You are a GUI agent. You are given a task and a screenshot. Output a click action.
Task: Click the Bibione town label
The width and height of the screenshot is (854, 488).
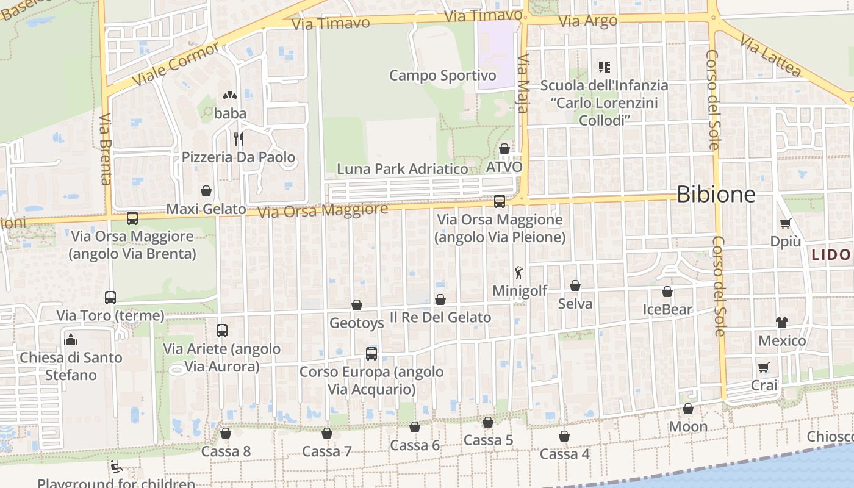click(716, 195)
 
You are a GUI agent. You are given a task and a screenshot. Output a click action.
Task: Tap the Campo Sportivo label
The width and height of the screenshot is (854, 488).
click(443, 76)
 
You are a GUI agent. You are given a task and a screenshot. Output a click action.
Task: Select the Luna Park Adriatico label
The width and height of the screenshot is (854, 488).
click(403, 169)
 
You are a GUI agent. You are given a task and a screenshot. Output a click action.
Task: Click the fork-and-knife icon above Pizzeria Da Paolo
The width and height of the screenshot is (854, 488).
click(239, 139)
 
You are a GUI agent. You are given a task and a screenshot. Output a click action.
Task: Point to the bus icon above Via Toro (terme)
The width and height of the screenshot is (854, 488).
click(110, 298)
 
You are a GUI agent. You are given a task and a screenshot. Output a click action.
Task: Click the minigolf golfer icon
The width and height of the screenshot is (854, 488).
click(518, 273)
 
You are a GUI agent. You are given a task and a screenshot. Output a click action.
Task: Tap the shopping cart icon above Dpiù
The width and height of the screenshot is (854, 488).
click(785, 224)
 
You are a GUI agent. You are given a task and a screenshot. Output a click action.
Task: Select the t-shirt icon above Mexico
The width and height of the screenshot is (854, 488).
click(782, 322)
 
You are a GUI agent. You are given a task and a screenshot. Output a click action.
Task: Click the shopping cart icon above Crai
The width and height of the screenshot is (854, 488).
click(764, 367)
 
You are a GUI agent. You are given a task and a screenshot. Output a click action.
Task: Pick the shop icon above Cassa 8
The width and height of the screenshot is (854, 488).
click(226, 433)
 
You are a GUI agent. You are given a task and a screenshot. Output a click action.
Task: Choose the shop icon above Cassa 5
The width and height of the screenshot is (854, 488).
click(488, 422)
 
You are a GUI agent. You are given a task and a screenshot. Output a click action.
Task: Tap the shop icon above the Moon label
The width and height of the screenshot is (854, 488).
click(688, 409)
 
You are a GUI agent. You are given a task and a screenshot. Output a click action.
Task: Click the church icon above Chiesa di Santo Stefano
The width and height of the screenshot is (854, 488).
click(71, 339)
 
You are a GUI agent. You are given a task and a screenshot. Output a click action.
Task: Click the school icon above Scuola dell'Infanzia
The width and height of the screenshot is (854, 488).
click(604, 67)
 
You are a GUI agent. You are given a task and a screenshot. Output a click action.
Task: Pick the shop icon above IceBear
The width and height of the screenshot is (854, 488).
click(667, 292)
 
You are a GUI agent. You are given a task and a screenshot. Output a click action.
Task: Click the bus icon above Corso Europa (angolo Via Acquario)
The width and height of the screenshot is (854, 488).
click(371, 353)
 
